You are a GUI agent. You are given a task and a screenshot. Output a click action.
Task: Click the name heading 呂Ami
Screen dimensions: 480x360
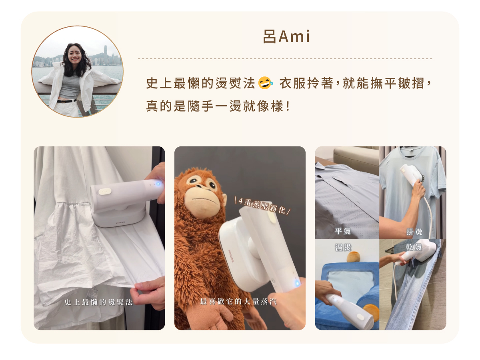click(286, 36)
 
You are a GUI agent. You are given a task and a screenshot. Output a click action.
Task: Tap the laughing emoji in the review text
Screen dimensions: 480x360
click(265, 83)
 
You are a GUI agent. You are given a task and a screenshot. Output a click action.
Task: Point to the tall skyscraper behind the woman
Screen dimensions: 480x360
click(106, 55)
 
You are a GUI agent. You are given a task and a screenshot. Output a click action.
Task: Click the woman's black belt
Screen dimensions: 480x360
click(66, 101)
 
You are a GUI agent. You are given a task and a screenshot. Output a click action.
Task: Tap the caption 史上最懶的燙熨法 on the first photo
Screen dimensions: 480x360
click(99, 302)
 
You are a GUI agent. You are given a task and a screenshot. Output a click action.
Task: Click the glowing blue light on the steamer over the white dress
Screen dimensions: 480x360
click(158, 184)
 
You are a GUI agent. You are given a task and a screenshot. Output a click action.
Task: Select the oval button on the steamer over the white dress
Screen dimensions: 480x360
click(105, 192)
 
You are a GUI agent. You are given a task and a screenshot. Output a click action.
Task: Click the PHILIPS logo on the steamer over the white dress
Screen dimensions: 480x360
click(120, 223)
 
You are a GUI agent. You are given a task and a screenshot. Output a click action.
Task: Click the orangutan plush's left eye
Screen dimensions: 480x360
click(194, 180)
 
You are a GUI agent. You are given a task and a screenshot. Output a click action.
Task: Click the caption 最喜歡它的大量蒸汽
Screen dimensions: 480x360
click(238, 302)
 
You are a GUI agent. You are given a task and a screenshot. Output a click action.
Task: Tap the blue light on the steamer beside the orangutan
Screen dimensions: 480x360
click(297, 284)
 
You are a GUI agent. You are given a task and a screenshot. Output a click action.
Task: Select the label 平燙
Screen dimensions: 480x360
click(343, 231)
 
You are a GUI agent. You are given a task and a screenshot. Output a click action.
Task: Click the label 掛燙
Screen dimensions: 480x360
click(414, 232)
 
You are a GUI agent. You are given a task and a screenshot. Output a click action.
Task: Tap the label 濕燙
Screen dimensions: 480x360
click(343, 247)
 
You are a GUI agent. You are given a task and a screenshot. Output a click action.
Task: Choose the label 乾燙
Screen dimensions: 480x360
click(414, 247)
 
